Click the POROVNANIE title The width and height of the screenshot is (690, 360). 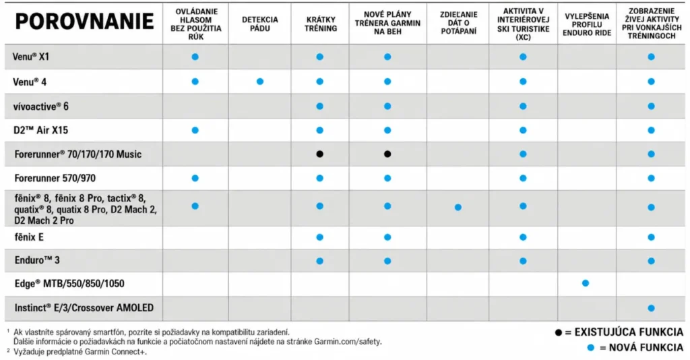point(84,22)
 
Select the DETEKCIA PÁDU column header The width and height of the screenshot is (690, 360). point(259,24)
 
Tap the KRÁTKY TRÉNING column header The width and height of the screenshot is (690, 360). point(320,24)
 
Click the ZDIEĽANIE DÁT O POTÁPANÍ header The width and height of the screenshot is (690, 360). point(458,23)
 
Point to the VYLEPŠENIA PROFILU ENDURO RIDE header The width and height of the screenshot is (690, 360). point(587,24)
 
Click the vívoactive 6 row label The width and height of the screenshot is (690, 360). point(40,107)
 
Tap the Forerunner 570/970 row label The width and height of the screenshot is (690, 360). point(55,178)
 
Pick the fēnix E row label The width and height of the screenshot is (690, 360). point(29,237)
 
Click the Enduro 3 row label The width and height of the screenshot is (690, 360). point(37,260)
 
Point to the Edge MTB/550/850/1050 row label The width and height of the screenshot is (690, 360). point(69,283)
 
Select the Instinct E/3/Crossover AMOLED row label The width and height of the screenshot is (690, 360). point(84,307)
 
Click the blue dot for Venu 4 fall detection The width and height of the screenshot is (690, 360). point(260,82)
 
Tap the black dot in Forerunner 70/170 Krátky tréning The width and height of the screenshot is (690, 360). point(320,154)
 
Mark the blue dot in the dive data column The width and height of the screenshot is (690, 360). point(458,207)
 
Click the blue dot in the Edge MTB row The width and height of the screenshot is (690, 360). point(586,283)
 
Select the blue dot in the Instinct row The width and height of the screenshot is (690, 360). point(652,308)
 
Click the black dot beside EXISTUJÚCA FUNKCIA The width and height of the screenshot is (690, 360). point(559,332)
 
